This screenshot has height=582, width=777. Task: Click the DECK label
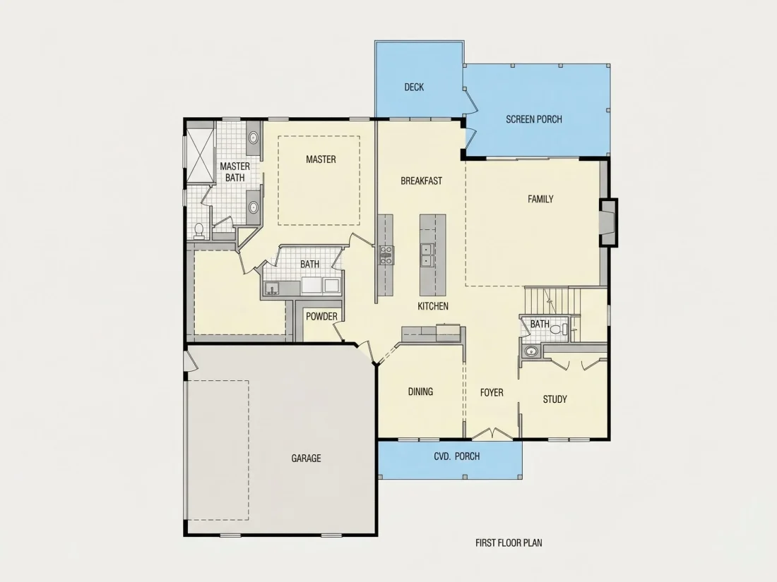pos(414,87)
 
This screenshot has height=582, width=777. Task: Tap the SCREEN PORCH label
pos(534,119)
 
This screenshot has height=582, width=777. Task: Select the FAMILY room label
pos(540,199)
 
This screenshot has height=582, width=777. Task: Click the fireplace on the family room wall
pos(609,222)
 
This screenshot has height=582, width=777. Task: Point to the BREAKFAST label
pos(421,181)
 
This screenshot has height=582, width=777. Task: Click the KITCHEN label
pos(433,306)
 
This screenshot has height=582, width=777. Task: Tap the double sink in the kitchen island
pos(426,255)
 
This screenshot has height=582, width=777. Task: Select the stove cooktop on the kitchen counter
pos(386,255)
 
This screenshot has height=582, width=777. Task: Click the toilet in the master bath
pos(199,231)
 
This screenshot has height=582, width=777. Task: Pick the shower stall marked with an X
pos(200,152)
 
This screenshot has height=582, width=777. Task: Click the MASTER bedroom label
pos(321,159)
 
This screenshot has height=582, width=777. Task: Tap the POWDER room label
pos(321,317)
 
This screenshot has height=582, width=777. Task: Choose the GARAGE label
pos(307,459)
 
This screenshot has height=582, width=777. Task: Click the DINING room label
pos(421,392)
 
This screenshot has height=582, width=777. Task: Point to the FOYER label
pos(492,393)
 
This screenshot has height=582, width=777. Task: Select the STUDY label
pos(555,399)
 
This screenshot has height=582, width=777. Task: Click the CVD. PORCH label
pos(457,456)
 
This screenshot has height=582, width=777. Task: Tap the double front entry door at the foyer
pos(492,434)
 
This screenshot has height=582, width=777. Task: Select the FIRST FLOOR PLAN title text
pos(509,543)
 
